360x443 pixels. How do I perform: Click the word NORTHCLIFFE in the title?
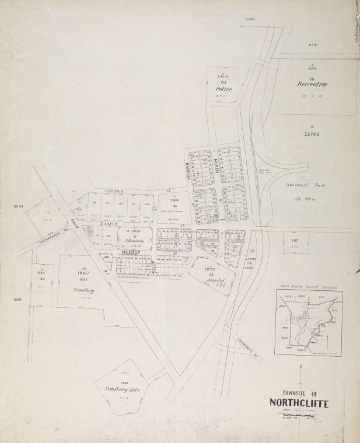(299, 403)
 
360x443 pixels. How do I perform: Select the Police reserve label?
(223, 89)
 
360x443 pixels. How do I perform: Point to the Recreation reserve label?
(312, 84)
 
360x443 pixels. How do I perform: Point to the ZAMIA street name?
(109, 224)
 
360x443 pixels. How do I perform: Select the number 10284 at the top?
(249, 19)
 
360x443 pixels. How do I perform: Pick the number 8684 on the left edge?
(16, 206)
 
